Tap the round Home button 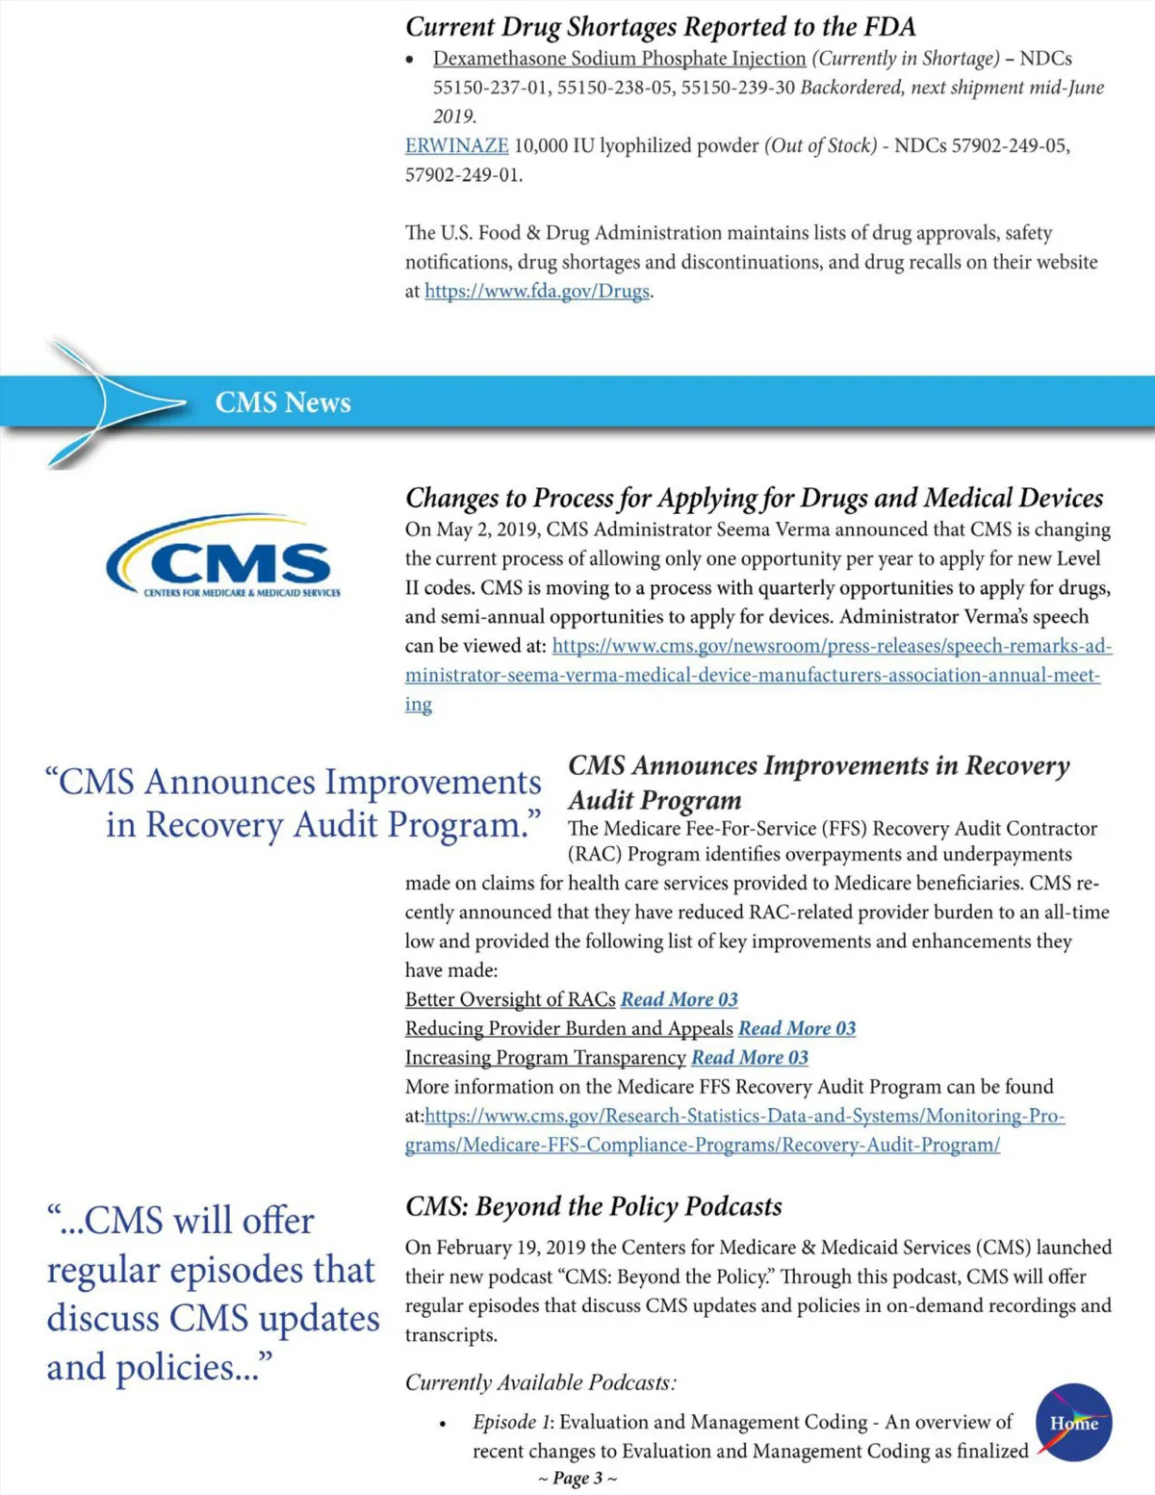(x=1074, y=1422)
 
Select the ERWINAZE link (x=456, y=145)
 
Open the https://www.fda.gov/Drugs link (x=537, y=291)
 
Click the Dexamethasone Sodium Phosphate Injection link (x=619, y=59)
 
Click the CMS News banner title (x=283, y=402)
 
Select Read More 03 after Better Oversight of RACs (x=680, y=999)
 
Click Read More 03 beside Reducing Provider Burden (x=797, y=1028)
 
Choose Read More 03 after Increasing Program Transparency (x=750, y=1057)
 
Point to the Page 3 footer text (x=577, y=1478)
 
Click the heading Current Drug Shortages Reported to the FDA (x=660, y=26)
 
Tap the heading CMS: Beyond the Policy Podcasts (x=593, y=1206)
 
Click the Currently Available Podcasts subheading (x=540, y=1382)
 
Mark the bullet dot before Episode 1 (x=442, y=1424)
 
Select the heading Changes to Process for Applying (x=754, y=498)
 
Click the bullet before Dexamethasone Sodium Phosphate (x=411, y=60)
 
